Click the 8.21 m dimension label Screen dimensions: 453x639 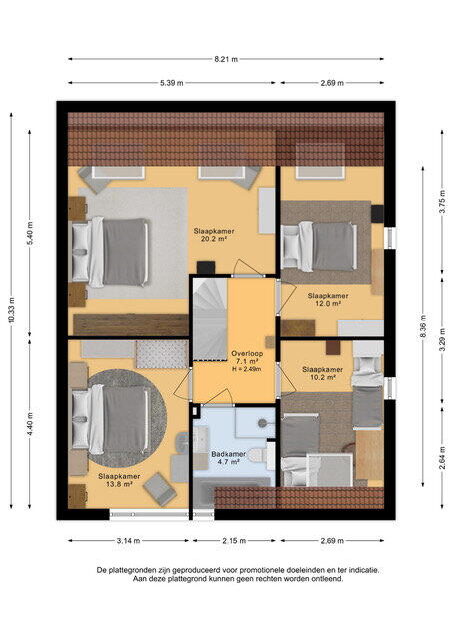coord(226,59)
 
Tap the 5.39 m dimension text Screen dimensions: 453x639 coord(171,83)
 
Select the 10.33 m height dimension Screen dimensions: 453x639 coord(11,311)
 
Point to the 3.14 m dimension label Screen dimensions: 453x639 coord(129,541)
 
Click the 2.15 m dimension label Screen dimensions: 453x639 coord(234,541)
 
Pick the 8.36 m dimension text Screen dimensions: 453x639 coord(423,326)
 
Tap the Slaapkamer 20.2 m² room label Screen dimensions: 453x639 coord(214,235)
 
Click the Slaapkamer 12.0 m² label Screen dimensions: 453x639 coord(328,300)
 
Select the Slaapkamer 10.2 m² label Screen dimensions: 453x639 coord(322,373)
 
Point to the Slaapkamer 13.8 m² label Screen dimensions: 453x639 coord(119,480)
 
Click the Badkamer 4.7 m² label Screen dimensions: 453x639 coord(229,458)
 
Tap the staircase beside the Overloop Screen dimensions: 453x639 coord(210,319)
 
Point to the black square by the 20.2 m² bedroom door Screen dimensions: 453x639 coord(206,268)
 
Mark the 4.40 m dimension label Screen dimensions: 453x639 coord(30,424)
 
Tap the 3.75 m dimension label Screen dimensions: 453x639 coord(442,202)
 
